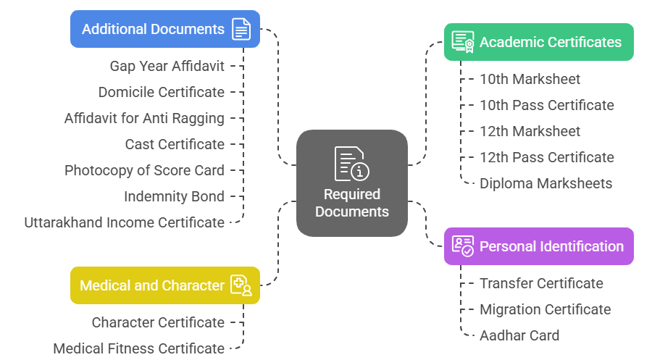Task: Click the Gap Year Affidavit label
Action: point(167,66)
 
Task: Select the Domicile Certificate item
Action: point(161,92)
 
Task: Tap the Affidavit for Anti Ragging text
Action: point(144,118)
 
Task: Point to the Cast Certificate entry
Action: point(175,144)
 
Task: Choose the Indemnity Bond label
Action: point(174,196)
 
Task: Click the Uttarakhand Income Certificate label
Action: point(124,222)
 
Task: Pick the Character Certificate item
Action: point(158,322)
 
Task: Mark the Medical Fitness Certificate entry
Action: point(138,348)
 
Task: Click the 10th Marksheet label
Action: point(530,79)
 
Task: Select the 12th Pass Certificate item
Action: point(546,157)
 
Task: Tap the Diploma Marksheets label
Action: point(546,183)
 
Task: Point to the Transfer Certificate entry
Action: point(541,283)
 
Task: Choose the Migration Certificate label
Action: point(545,309)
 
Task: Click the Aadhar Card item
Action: point(519,335)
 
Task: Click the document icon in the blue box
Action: point(241,29)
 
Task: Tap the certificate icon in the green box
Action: point(463,42)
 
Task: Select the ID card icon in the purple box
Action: point(463,246)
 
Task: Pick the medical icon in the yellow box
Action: point(241,285)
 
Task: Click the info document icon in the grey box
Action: point(351,164)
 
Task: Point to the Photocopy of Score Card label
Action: point(144,170)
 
